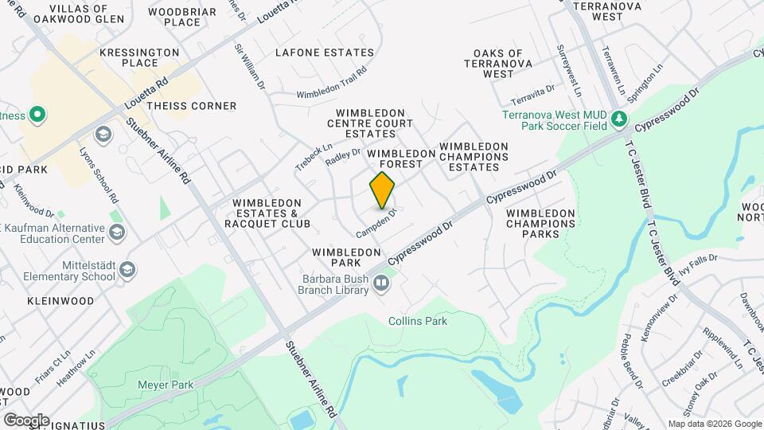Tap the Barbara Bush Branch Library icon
(382, 282)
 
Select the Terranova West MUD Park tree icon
(619, 120)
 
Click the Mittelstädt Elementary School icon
(127, 272)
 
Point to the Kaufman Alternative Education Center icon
(117, 232)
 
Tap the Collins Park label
(418, 321)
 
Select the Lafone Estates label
(324, 53)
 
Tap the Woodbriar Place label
(181, 17)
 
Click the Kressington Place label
(140, 57)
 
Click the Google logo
(26, 420)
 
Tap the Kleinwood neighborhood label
(60, 301)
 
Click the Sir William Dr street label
(248, 64)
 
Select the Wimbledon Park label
(346, 257)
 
